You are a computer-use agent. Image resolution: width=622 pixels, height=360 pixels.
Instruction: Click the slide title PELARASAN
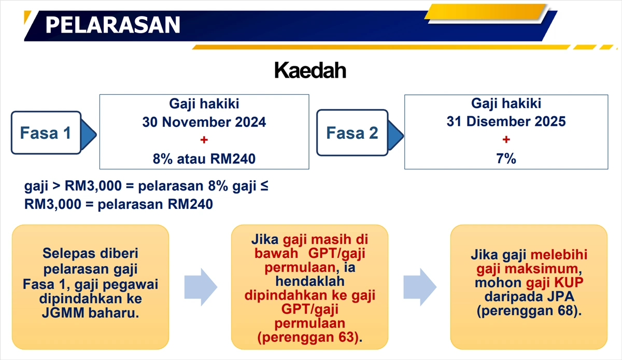coord(112,24)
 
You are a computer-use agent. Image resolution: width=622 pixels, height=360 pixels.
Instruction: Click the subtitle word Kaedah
coord(310,70)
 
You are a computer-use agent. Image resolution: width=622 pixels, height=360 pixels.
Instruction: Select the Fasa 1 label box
coord(46,133)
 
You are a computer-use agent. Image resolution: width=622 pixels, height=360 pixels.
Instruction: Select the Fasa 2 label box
coord(352,133)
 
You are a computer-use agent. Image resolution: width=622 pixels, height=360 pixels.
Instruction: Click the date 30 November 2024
coord(204,122)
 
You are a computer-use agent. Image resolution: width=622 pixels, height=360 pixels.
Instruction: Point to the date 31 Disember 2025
coord(506,122)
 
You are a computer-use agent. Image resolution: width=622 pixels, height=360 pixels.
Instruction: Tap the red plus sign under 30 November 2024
coord(204,140)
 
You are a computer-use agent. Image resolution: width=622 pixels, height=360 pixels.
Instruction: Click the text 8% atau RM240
coord(204,159)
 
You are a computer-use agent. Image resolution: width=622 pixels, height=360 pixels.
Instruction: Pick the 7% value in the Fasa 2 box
coord(506,159)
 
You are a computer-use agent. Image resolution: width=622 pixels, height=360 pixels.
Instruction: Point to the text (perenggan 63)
coord(309,337)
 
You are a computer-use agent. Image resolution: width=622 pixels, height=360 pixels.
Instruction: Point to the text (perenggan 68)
coord(529,311)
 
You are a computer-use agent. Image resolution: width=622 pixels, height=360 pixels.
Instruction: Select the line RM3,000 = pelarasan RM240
coord(118,204)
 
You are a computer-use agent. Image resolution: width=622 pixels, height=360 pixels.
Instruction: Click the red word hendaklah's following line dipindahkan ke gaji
coord(310,296)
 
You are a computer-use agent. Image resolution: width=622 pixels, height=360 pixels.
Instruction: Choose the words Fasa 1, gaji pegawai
coord(91,284)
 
